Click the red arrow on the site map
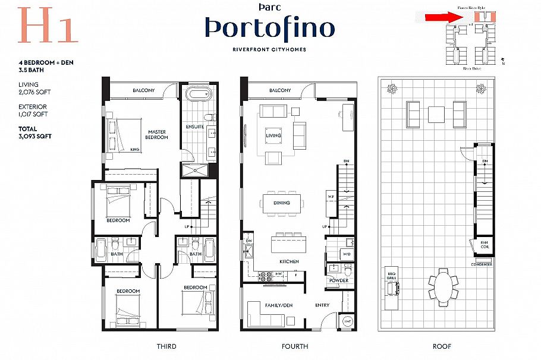click(443, 17)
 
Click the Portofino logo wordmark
click(270, 27)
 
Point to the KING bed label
click(135, 150)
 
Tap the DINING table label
click(282, 203)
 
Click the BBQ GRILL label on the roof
click(391, 276)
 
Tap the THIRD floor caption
click(166, 346)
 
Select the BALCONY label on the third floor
click(143, 90)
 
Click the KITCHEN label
click(289, 261)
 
